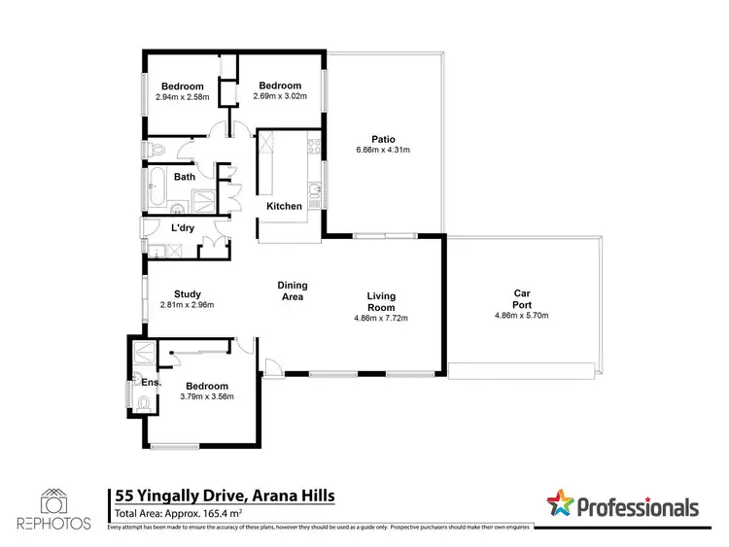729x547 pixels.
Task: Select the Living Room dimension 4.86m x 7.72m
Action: point(380,318)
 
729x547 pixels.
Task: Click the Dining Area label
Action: point(293,291)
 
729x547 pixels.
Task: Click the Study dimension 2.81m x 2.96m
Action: point(187,305)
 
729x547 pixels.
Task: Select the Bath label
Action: point(184,177)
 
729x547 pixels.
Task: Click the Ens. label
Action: point(151,383)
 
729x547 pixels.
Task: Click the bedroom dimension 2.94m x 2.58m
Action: point(182,98)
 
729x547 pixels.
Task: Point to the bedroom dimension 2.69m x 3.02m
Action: point(280,97)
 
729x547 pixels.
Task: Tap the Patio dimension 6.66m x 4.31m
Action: point(383,150)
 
